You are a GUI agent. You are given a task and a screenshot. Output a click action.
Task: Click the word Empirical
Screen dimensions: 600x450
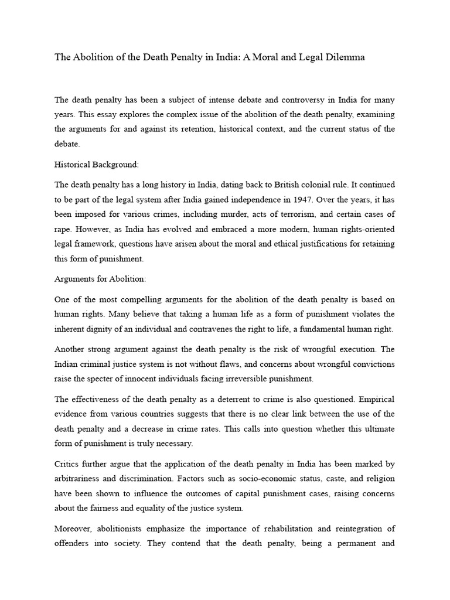pyautogui.click(x=376, y=399)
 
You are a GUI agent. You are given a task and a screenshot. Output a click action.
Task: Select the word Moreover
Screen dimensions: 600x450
pyautogui.click(x=73, y=527)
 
